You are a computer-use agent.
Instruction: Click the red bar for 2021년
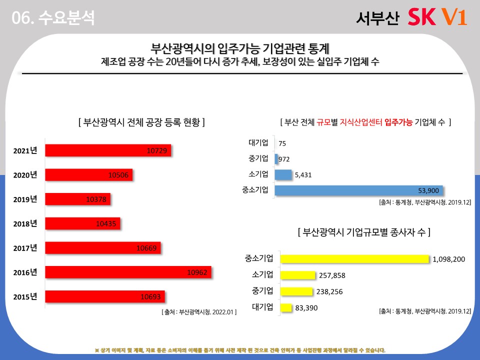pyautogui.click(x=107, y=150)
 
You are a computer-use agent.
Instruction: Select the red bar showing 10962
pyautogui.click(x=128, y=272)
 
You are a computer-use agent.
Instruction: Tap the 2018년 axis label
pyautogui.click(x=25, y=223)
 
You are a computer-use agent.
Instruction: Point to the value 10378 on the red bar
pyautogui.click(x=96, y=199)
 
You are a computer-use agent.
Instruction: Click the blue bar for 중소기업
pyautogui.click(x=358, y=190)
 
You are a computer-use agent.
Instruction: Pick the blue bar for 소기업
pyautogui.click(x=283, y=174)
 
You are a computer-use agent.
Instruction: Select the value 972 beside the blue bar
pyautogui.click(x=284, y=159)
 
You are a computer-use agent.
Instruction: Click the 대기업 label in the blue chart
pyautogui.click(x=258, y=143)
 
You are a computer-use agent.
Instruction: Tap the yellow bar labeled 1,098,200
pyautogui.click(x=354, y=258)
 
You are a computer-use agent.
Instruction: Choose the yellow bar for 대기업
pyautogui.click(x=286, y=307)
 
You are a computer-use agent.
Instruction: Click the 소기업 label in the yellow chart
pyautogui.click(x=262, y=274)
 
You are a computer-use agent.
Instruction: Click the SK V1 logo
pyautogui.click(x=437, y=17)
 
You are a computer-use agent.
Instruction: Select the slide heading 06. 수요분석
pyautogui.click(x=53, y=18)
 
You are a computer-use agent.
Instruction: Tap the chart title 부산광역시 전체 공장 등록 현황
pyautogui.click(x=141, y=122)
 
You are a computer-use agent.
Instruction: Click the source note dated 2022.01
pyautogui.click(x=199, y=311)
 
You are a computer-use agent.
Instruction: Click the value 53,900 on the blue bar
pyautogui.click(x=428, y=190)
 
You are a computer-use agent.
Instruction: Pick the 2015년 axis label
pyautogui.click(x=25, y=296)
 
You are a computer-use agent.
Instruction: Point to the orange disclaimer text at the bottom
pyautogui.click(x=240, y=350)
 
